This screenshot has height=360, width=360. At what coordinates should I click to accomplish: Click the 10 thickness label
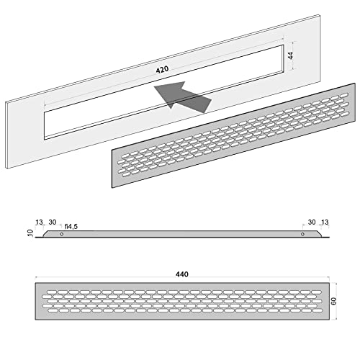click(29, 234)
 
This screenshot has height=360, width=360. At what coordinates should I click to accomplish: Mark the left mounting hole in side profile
click(60, 234)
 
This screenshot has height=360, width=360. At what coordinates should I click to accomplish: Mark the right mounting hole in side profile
click(302, 234)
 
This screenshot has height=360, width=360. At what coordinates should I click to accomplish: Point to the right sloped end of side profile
click(320, 235)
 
